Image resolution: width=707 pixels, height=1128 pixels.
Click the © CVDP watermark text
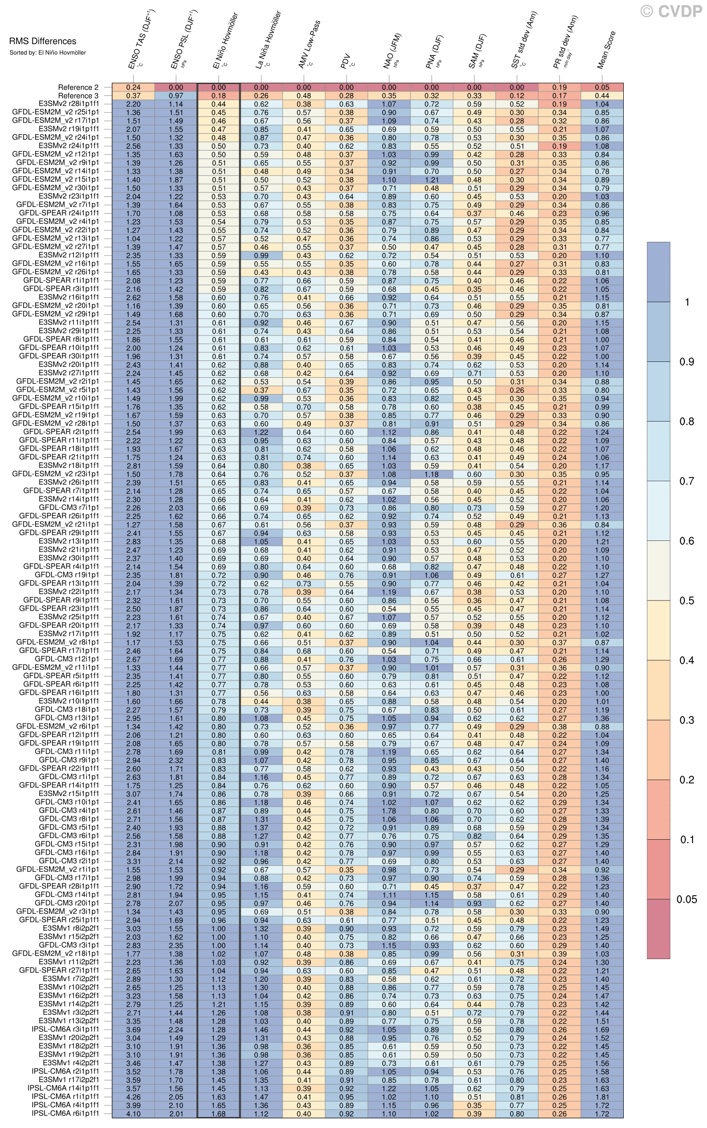click(x=671, y=11)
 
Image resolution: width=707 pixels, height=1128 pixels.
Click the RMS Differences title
click(x=42, y=41)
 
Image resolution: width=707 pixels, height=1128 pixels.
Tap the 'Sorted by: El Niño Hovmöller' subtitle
click(x=48, y=52)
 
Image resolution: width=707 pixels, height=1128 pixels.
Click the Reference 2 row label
click(x=78, y=87)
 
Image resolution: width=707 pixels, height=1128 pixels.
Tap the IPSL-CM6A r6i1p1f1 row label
click(x=65, y=1114)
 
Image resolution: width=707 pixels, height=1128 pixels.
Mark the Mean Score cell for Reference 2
click(x=602, y=88)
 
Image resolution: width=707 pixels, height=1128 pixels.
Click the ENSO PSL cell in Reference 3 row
click(x=176, y=96)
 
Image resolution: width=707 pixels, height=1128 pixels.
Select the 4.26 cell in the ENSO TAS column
click(x=133, y=1097)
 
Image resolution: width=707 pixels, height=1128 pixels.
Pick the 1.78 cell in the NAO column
click(x=389, y=811)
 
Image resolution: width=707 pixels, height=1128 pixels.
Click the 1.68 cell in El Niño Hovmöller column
click(x=219, y=1114)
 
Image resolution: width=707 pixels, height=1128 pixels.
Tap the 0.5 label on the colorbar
click(x=686, y=601)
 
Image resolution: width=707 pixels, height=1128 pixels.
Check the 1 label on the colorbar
click(x=687, y=302)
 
